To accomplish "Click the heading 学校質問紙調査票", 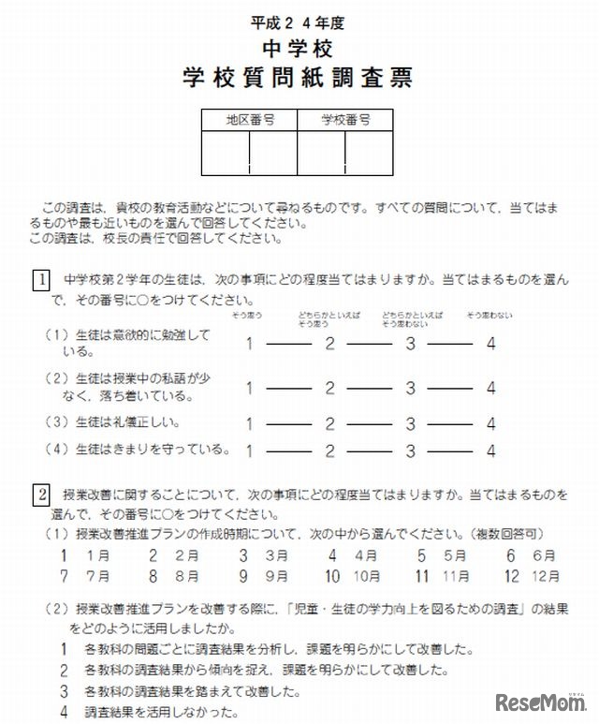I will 298,77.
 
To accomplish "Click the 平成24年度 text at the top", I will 298,22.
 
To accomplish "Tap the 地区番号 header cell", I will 248,120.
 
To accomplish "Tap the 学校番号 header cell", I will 345,120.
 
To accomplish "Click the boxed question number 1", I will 42,279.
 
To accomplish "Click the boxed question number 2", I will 42,494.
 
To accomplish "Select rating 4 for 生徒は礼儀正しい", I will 490,423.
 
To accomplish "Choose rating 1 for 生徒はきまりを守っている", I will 249,450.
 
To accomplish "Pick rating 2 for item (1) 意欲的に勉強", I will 329,343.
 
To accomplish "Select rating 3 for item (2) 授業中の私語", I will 410,387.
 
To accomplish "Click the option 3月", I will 253,555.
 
